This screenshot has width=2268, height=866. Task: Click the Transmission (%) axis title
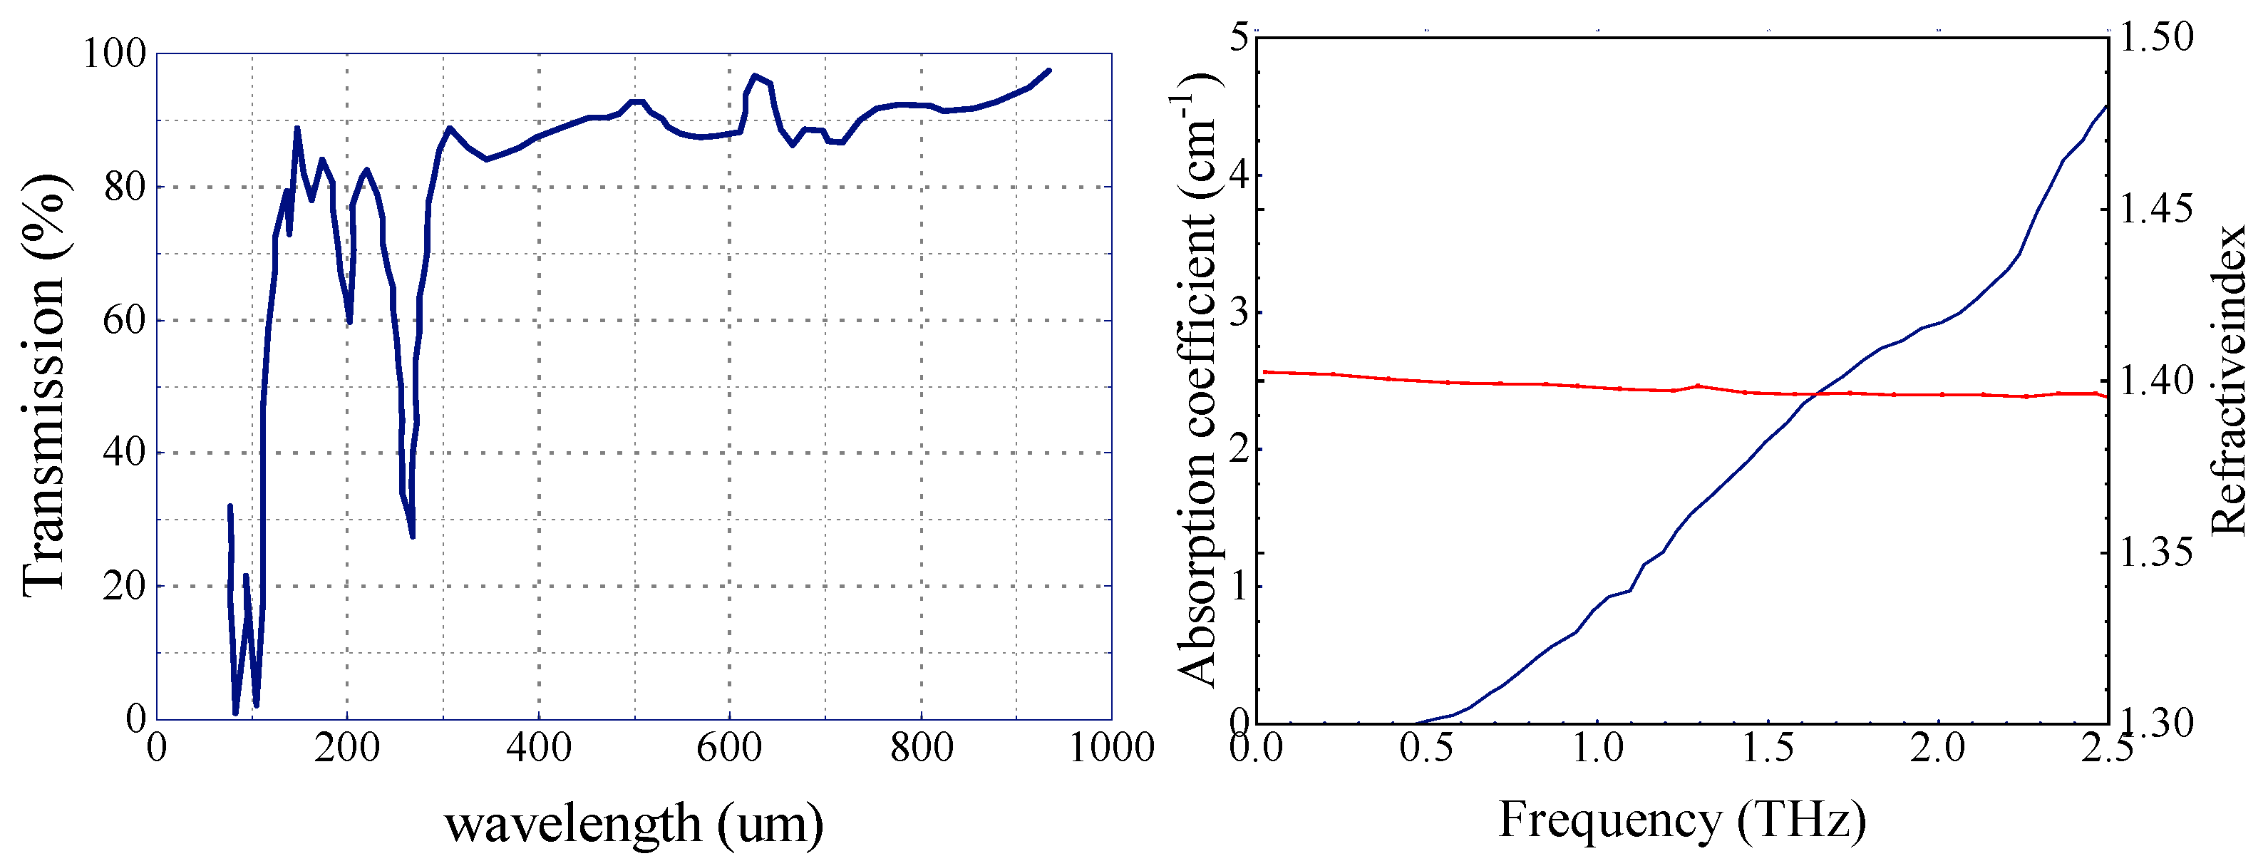coord(44,386)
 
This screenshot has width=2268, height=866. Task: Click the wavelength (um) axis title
coord(634,825)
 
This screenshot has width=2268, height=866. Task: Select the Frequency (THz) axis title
coord(1681,820)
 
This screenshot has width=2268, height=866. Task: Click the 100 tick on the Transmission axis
coord(113,53)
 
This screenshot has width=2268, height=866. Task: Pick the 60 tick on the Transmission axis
coord(124,320)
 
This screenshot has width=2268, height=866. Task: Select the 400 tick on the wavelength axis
coord(539,748)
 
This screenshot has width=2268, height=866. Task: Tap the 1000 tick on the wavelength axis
coord(1111,748)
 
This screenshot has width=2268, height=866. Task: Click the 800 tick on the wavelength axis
coord(921,748)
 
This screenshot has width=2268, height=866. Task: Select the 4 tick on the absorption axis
coord(1239,175)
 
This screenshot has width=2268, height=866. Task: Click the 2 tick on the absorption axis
coord(1239,450)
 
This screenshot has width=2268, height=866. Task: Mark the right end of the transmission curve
coord(1048,71)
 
